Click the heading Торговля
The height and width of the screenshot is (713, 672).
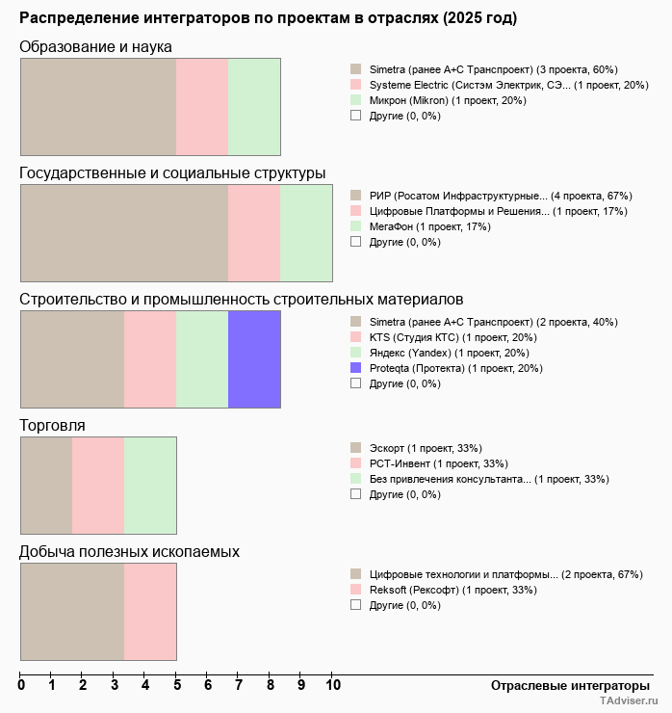[x=52, y=425]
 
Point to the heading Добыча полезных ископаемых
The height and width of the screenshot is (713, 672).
[x=129, y=551]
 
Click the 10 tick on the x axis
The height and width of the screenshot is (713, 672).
[x=332, y=686]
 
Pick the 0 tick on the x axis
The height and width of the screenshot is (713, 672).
[x=21, y=686]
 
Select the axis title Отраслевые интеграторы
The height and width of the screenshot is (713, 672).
[x=563, y=685]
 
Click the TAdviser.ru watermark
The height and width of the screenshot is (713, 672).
[x=629, y=702]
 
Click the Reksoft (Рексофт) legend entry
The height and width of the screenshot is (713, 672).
[x=413, y=590]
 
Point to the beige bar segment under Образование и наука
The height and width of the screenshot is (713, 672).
[x=98, y=107]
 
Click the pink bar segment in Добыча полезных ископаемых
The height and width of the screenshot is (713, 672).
[x=150, y=612]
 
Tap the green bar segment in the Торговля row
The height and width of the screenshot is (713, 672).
[x=150, y=486]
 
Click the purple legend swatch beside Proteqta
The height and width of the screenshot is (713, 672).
[x=356, y=368]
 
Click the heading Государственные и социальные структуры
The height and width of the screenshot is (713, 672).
[x=172, y=172]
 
